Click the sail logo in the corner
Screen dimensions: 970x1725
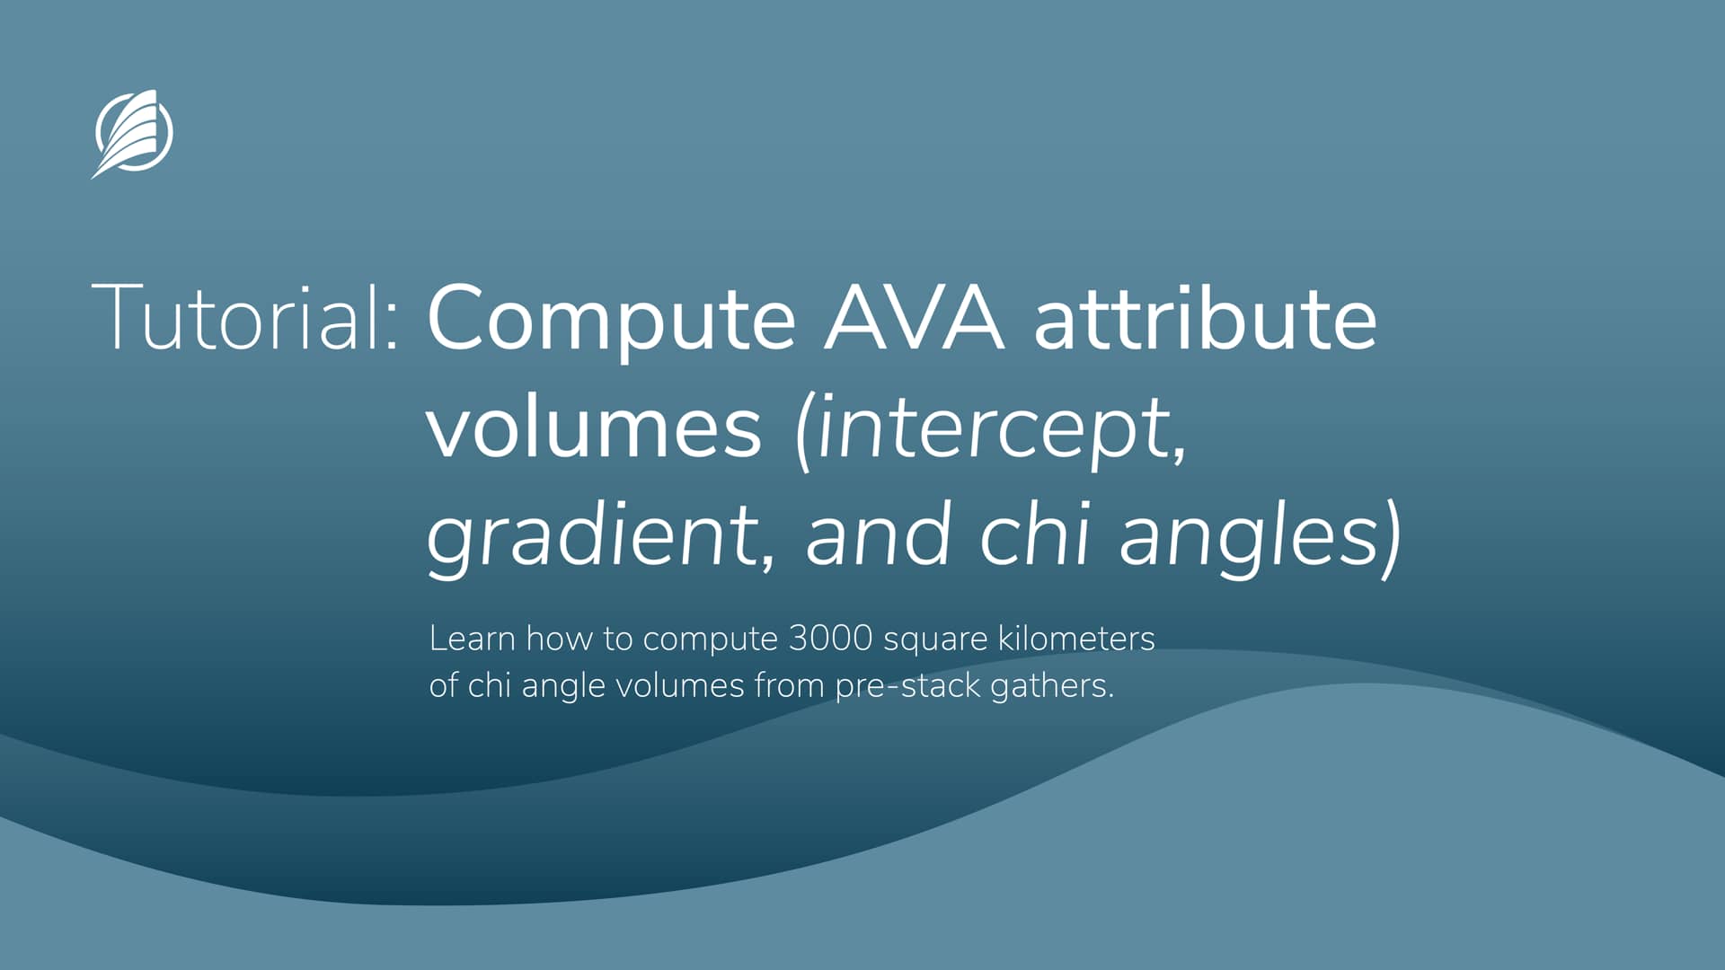pyautogui.click(x=133, y=134)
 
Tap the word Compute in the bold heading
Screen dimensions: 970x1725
pyautogui.click(x=611, y=320)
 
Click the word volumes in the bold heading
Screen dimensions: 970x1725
pyautogui.click(x=594, y=428)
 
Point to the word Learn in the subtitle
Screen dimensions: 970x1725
pyautogui.click(x=472, y=639)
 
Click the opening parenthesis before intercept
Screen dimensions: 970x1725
pyautogui.click(x=803, y=431)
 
